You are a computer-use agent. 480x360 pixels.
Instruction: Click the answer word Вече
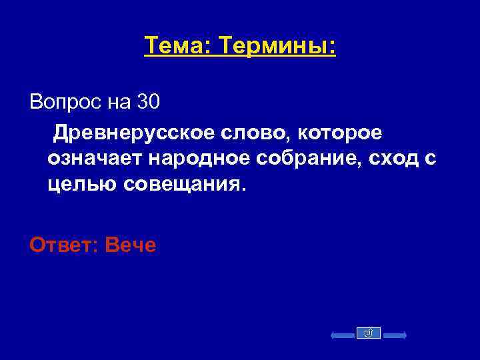pos(131,245)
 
